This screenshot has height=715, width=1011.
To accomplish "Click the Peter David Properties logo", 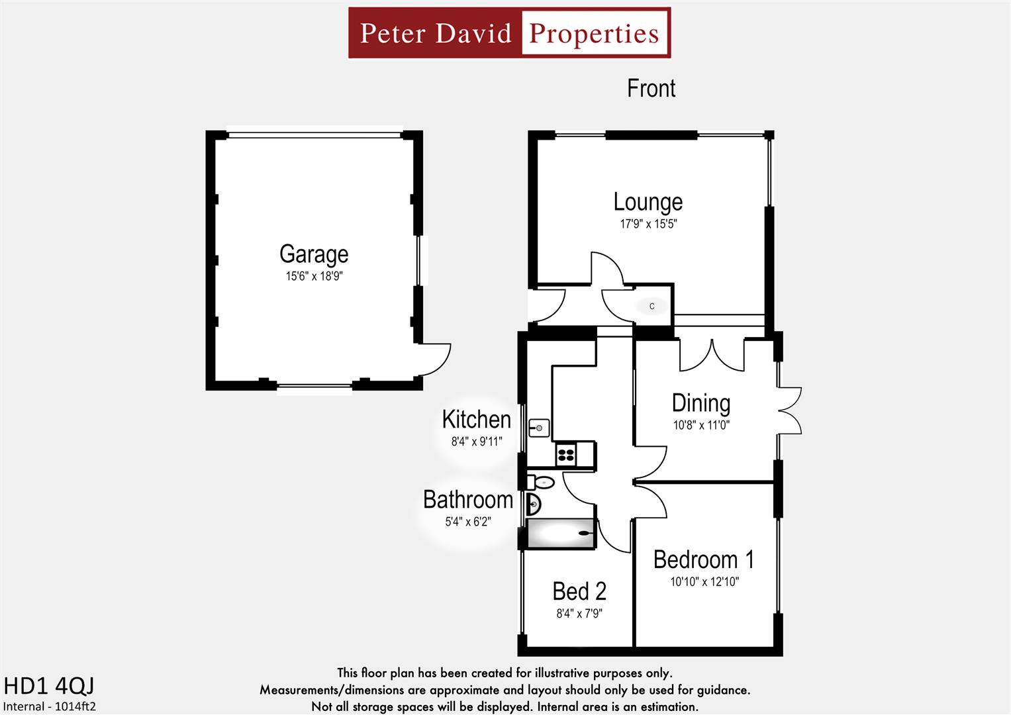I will click(509, 33).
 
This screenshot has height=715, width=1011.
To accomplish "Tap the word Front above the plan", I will click(651, 89).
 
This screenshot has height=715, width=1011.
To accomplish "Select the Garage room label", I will click(314, 254).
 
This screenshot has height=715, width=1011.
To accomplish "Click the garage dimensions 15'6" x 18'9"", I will click(314, 276).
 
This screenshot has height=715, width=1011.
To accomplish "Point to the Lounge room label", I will click(648, 202).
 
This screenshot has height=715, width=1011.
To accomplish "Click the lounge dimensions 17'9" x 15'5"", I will click(648, 224).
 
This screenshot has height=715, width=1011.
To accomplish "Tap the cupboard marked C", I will click(652, 306).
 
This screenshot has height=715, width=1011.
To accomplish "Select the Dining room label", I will click(701, 403).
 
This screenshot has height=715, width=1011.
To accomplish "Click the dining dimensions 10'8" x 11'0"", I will click(701, 425).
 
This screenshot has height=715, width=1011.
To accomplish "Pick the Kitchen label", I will click(476, 420).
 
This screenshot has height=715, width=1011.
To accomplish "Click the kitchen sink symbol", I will click(539, 428).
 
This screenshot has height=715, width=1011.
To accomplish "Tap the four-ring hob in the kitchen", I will click(565, 454).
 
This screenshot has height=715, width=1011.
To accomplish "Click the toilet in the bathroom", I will click(541, 481).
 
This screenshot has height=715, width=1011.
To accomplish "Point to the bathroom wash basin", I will click(534, 504).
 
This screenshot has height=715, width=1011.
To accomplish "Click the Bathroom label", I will click(468, 500).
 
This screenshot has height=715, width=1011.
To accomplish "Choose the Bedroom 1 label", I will click(704, 560).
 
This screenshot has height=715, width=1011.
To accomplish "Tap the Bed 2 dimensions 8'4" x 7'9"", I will click(579, 614).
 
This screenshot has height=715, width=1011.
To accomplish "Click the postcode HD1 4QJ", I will click(49, 686).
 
